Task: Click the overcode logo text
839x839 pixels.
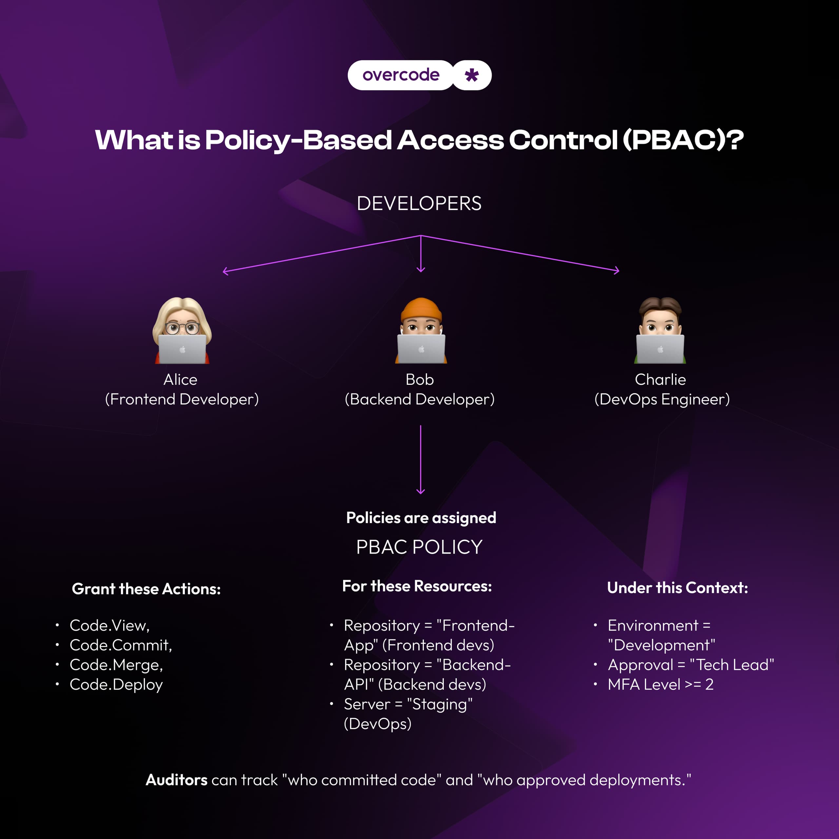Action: (400, 75)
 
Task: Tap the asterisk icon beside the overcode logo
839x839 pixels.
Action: (472, 75)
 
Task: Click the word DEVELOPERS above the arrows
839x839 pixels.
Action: (419, 204)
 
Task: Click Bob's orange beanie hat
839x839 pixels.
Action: (421, 309)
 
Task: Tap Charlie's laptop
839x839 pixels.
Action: (660, 349)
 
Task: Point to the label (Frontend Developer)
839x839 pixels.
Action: (182, 399)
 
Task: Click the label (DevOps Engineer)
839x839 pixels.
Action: (662, 399)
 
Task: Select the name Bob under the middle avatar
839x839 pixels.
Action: (419, 380)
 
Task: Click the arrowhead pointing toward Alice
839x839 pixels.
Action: (225, 271)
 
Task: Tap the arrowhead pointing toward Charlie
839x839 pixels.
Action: (617, 271)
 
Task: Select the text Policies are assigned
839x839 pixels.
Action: (421, 517)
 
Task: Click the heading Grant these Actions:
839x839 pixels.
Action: (146, 589)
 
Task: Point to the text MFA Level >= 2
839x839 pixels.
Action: (660, 684)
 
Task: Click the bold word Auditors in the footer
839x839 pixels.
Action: (177, 780)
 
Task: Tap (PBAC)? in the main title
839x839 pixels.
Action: (683, 140)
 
